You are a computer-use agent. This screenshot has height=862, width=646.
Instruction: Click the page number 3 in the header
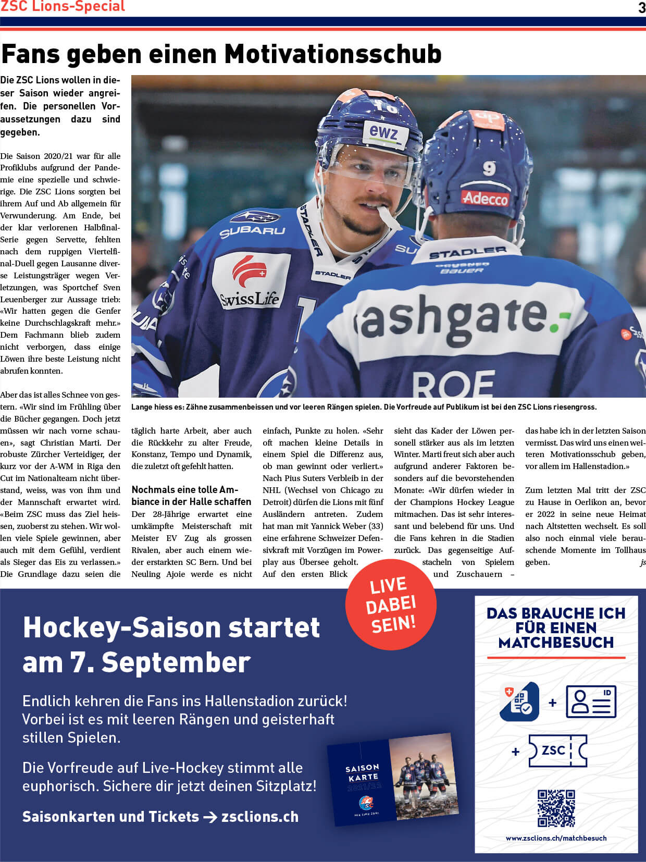click(x=641, y=7)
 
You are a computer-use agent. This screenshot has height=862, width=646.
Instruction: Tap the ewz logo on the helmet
click(x=383, y=132)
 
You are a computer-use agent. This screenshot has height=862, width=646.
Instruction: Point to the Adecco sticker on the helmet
click(x=485, y=198)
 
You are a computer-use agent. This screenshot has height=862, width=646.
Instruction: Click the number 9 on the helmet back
click(x=489, y=168)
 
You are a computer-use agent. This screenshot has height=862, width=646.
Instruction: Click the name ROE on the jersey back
click(x=453, y=384)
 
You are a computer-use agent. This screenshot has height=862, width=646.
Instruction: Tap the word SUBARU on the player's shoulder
click(x=252, y=230)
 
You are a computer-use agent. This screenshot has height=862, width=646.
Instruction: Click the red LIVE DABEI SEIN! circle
click(x=391, y=605)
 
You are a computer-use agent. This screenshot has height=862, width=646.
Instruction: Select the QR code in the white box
click(x=556, y=808)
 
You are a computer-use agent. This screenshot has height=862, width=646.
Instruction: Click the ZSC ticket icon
click(x=557, y=751)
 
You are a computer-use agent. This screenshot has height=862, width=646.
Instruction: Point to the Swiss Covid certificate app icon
click(x=519, y=701)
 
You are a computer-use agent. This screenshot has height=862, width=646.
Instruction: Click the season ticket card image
click(x=393, y=779)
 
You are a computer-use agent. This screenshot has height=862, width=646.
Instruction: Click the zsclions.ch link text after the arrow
click(x=260, y=817)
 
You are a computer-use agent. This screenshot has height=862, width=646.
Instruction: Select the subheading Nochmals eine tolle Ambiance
click(x=191, y=496)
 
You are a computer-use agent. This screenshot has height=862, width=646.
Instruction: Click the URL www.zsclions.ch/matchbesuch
click(x=556, y=838)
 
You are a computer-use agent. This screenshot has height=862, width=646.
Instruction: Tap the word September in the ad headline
click(x=176, y=662)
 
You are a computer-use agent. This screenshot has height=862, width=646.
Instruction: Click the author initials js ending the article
click(x=643, y=562)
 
